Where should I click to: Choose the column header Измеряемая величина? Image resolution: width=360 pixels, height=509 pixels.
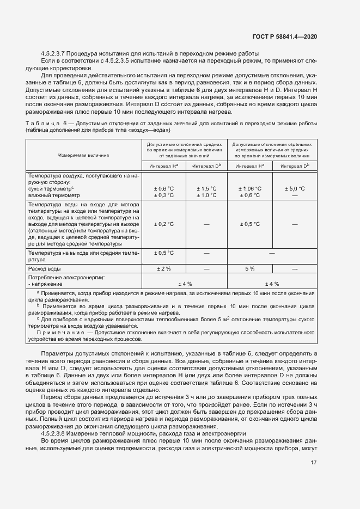[83, 155]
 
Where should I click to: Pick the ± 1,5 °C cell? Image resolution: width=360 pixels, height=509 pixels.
[206, 188]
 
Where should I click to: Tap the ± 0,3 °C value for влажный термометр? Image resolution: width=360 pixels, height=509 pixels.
[164, 195]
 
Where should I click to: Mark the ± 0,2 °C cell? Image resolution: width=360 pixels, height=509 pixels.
[164, 224]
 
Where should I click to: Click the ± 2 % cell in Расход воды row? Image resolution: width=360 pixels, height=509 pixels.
[164, 269]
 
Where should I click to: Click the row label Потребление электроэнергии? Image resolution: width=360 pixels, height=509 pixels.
[66, 278]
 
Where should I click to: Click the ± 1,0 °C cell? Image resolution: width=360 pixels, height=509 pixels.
[206, 195]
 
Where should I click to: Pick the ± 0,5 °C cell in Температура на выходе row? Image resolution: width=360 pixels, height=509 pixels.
[164, 253]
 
